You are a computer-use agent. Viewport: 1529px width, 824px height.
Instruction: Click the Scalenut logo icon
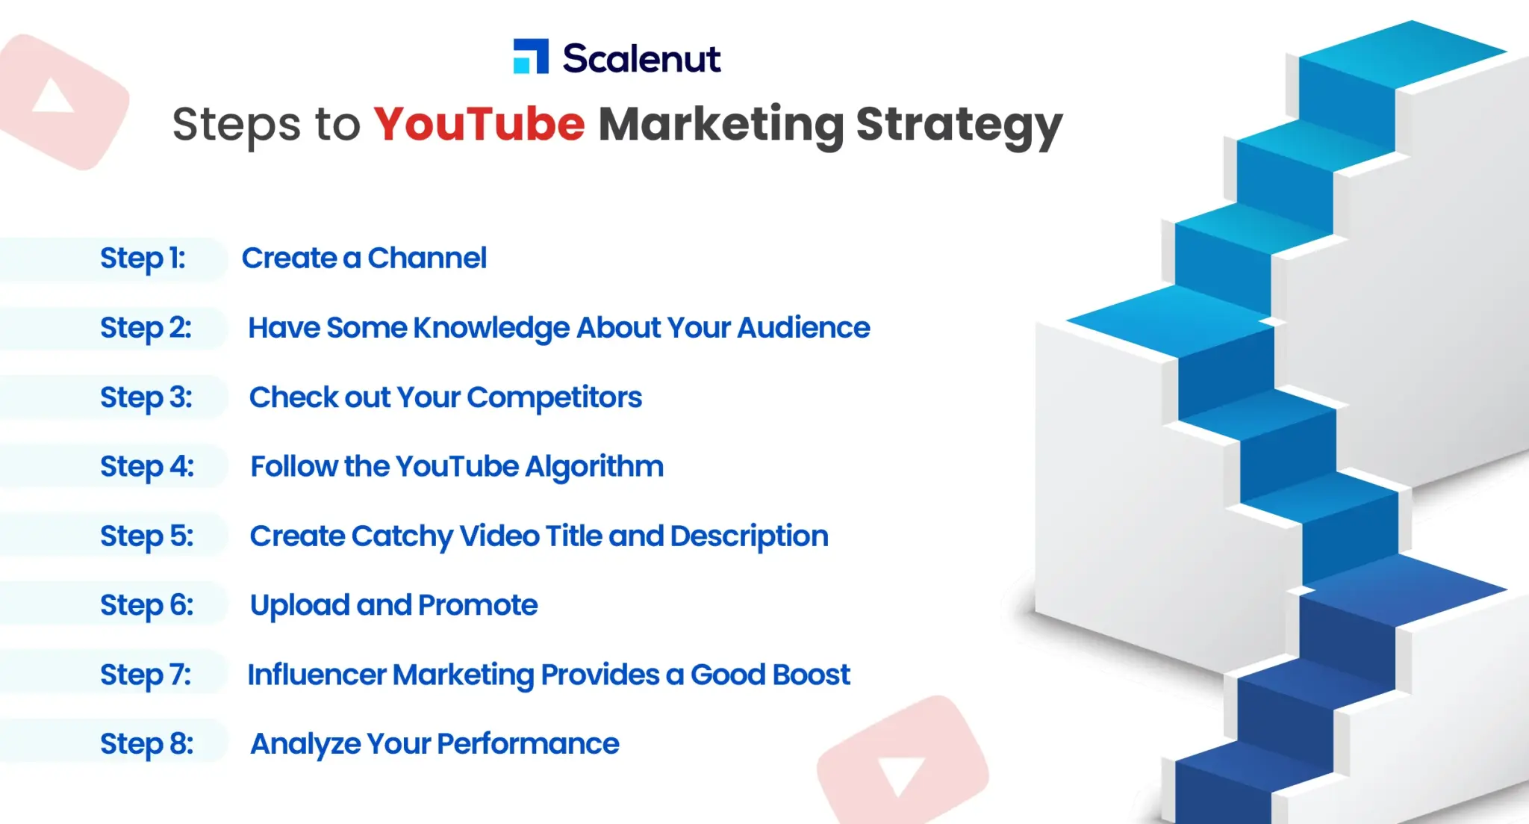tap(531, 57)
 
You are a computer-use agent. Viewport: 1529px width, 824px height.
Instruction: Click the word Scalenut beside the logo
tap(641, 58)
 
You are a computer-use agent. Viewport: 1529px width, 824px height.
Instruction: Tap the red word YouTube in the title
tap(479, 124)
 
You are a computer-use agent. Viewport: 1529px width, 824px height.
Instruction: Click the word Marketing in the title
tap(721, 125)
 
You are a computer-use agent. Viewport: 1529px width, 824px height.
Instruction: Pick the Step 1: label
tap(143, 258)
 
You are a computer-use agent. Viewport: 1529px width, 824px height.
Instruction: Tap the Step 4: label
tap(147, 467)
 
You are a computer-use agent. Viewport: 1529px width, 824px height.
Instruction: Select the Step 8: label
tap(147, 744)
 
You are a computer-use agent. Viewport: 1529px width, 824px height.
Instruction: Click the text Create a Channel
tap(364, 258)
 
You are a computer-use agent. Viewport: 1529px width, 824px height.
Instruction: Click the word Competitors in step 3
tap(554, 397)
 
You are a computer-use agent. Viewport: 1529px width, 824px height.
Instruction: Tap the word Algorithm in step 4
tap(594, 467)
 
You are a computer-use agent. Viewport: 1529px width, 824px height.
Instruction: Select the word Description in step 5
tap(749, 536)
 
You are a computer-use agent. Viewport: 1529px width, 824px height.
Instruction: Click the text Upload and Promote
tap(393, 605)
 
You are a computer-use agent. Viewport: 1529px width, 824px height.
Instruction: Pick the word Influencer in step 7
tap(317, 675)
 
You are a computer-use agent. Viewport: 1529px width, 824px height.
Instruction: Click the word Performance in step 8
tap(528, 744)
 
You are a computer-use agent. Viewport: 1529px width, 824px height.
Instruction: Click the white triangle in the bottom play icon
tap(900, 775)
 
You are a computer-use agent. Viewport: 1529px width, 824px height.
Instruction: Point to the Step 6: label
tap(147, 605)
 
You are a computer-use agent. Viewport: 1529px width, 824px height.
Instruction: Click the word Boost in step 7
tap(811, 675)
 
